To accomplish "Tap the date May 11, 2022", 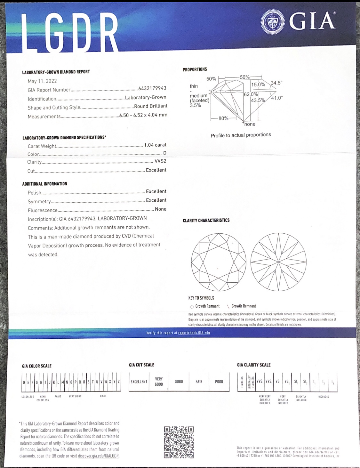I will pyautogui.click(x=42, y=81).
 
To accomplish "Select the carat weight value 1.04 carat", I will pyautogui.click(x=155, y=145).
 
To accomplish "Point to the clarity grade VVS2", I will pyautogui.click(x=160, y=162).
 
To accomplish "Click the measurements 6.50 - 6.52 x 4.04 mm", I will pyautogui.click(x=143, y=115).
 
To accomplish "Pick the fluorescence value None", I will pyautogui.click(x=161, y=209).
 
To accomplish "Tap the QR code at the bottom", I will pyautogui.click(x=179, y=442).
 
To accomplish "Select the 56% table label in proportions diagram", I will pyautogui.click(x=245, y=77).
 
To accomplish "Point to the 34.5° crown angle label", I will pyautogui.click(x=276, y=83).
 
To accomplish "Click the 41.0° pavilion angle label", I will pyautogui.click(x=277, y=98).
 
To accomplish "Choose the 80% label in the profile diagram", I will pyautogui.click(x=223, y=118).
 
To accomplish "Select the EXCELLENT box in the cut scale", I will pyautogui.click(x=139, y=382).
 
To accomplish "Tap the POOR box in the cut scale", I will pyautogui.click(x=219, y=382).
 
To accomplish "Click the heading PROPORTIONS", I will pyautogui.click(x=195, y=69).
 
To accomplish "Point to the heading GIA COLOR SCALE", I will pyautogui.click(x=37, y=366).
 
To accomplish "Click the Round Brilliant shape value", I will pyautogui.click(x=151, y=106).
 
